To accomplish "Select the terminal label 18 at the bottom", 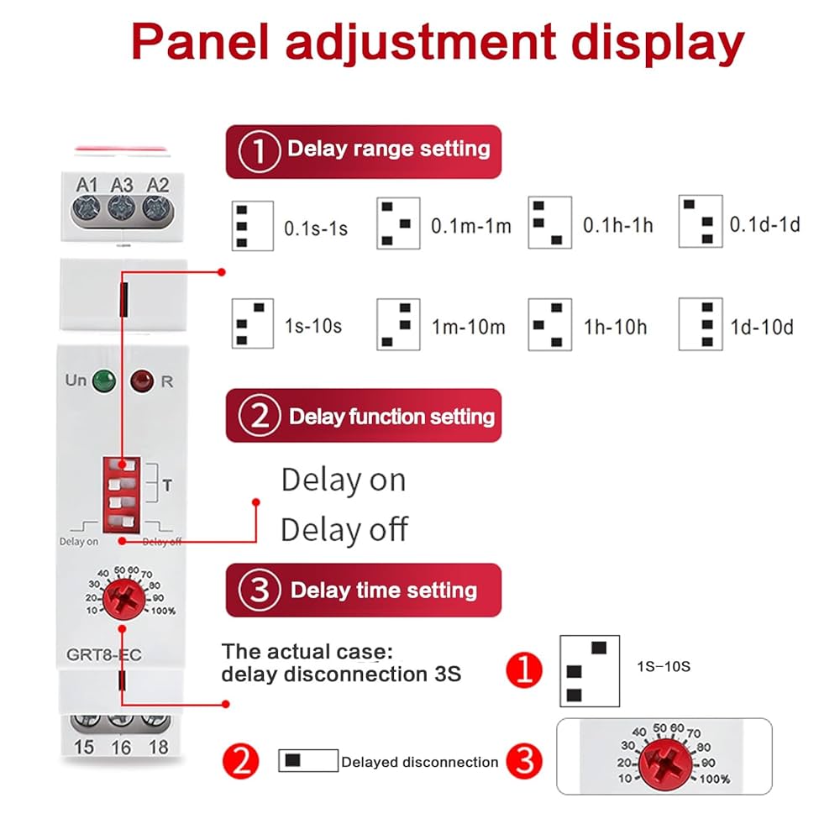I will point(157,746).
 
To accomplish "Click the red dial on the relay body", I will point(123,600).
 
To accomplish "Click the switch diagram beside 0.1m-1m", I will point(398,223).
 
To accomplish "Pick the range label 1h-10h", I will point(615,326).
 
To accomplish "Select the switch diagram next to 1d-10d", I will point(701,323).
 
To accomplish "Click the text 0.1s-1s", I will point(315,228).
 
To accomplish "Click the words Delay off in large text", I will point(344,530).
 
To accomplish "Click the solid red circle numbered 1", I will point(524,671).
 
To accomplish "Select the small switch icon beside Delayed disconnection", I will point(307,760).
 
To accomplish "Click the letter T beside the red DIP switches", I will point(166,485).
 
